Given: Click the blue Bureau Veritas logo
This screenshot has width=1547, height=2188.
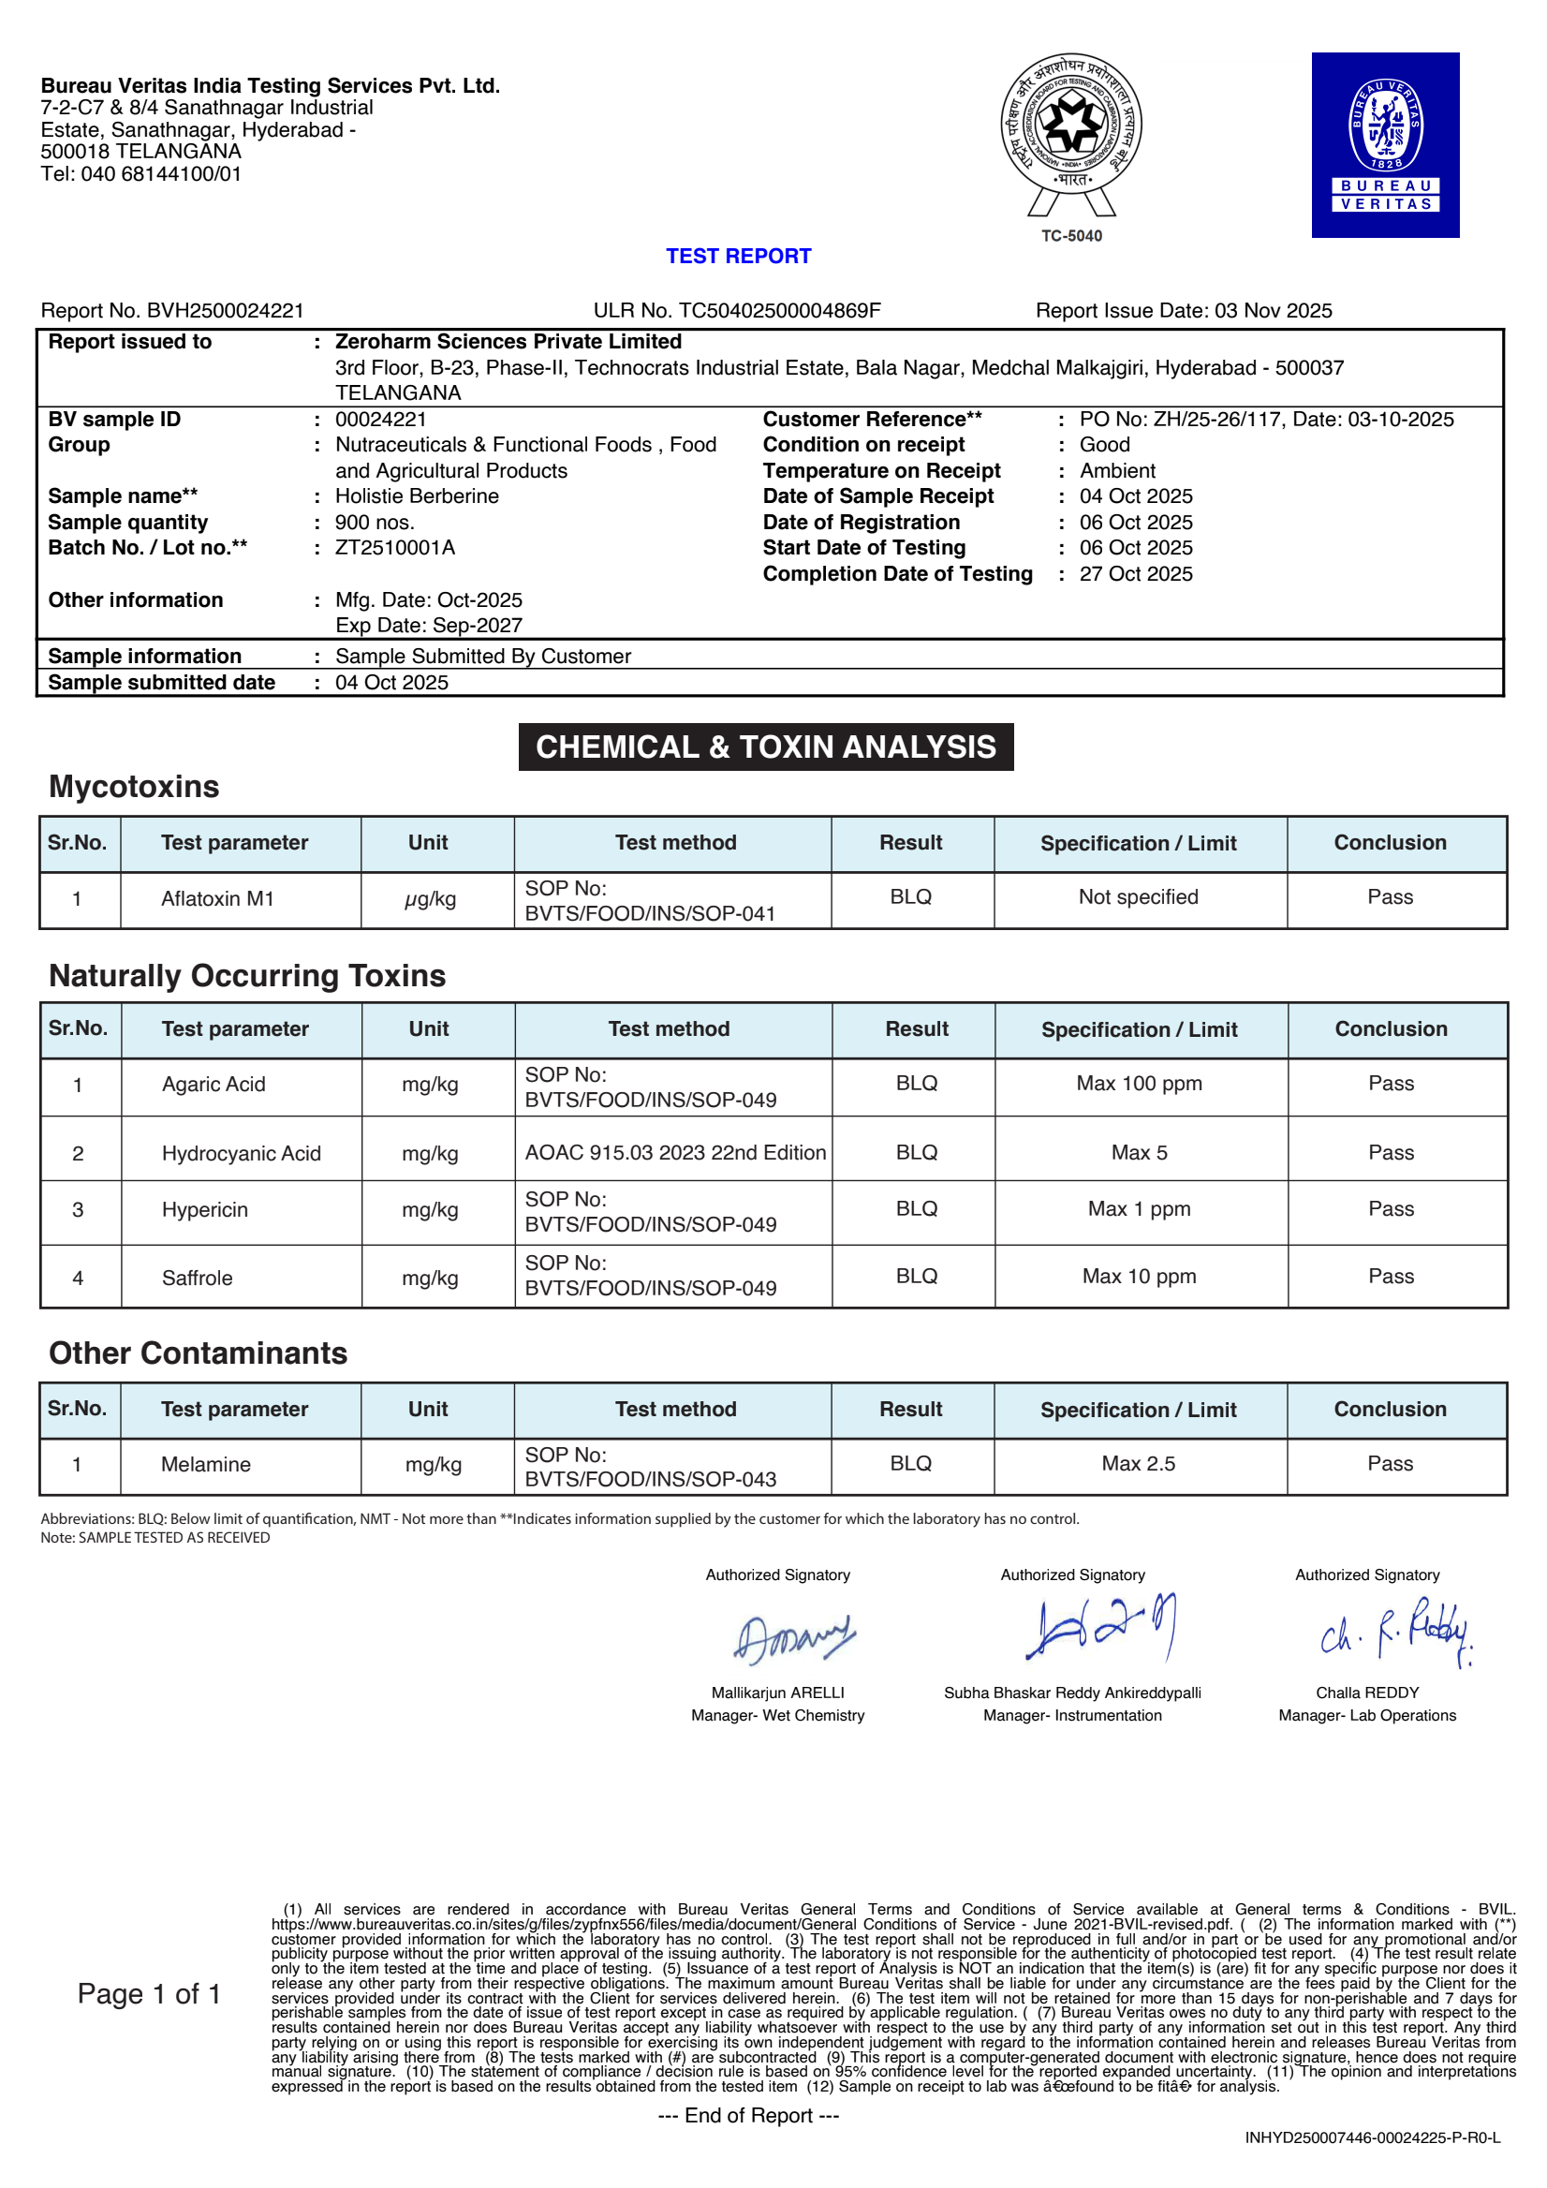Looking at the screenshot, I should click(1384, 145).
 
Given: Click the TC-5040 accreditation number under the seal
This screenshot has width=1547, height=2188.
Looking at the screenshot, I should click(1070, 236).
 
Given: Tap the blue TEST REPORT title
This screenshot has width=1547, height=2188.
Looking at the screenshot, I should click(738, 257).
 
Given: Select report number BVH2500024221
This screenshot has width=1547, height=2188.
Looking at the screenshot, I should click(225, 311).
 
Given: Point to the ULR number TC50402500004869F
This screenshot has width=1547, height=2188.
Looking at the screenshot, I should click(778, 311).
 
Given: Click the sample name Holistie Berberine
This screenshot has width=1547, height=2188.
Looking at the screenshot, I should click(417, 496).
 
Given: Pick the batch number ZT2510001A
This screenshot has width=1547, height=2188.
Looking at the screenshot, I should click(394, 548).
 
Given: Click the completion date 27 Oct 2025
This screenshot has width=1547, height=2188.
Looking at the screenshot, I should click(1136, 573).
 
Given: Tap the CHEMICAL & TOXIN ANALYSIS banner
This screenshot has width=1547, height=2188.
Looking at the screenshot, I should click(765, 747).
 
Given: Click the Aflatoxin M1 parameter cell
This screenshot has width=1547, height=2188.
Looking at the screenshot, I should click(217, 898).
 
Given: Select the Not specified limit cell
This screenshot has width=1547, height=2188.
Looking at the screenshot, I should click(1138, 896).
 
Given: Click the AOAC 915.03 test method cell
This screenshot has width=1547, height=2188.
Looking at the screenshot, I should click(674, 1152).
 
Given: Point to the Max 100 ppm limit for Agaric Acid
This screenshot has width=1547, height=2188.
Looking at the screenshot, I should click(1139, 1084).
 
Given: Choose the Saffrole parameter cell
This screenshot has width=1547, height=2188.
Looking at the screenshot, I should click(198, 1278).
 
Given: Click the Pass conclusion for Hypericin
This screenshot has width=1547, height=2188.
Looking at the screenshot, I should click(1390, 1208).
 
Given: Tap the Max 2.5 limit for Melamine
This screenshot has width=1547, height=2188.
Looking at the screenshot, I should click(1138, 1464).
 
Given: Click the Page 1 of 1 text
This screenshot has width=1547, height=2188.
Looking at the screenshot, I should click(150, 1993).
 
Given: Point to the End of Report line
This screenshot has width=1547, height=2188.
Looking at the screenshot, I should click(748, 2116).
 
